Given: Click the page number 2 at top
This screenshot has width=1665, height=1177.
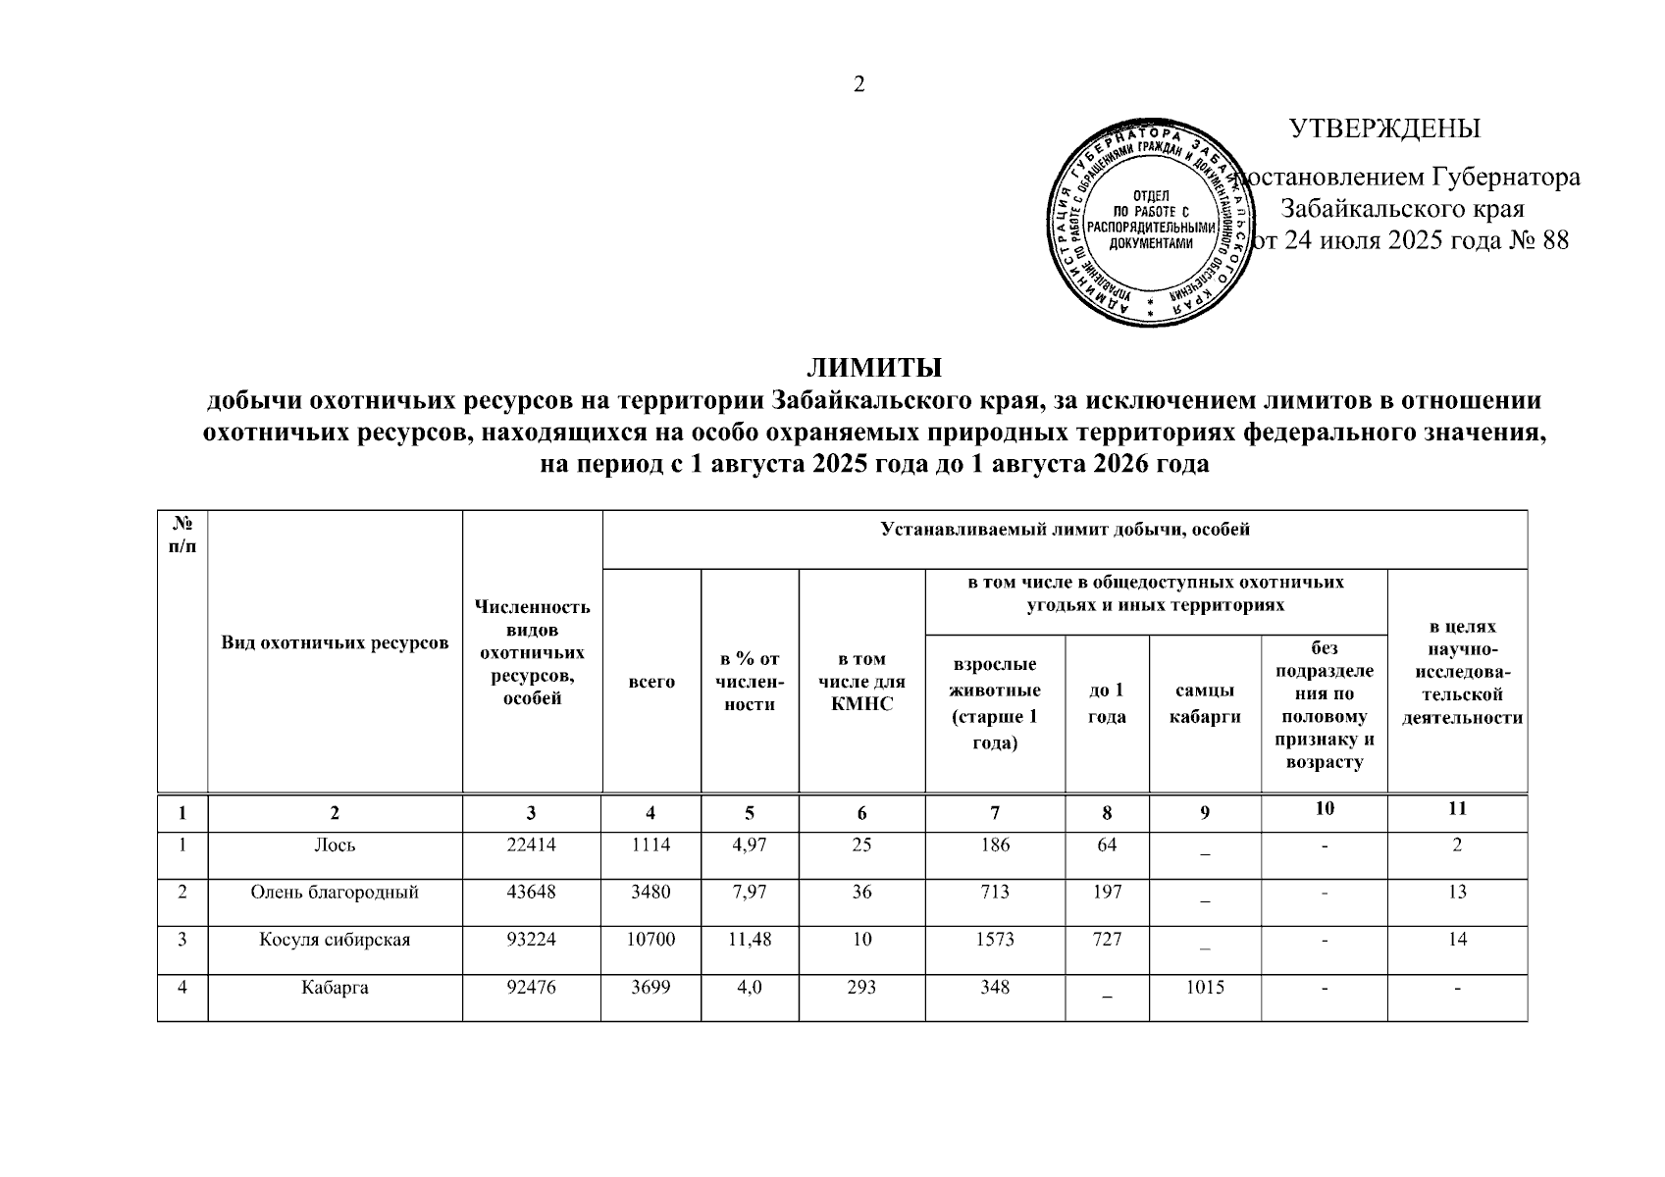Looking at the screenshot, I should [859, 84].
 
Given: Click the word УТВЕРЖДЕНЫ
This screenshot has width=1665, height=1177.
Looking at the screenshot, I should [1384, 129].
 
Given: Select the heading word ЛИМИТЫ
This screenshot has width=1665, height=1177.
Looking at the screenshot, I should [874, 369].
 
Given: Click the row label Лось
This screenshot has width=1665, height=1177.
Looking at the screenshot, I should [335, 844].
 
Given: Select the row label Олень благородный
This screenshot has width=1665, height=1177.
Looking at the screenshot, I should [335, 892].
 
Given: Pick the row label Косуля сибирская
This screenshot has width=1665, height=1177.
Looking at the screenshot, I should [335, 939].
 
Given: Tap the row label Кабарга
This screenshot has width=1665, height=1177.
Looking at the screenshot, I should [335, 987].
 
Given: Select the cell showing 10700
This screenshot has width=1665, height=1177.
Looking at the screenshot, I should [651, 939].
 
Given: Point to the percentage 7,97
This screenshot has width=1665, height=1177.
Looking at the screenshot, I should [750, 892].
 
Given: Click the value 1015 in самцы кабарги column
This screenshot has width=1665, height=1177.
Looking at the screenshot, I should [1204, 987].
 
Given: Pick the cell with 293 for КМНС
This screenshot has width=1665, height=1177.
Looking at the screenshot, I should [861, 987].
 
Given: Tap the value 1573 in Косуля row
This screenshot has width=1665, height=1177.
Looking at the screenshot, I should [995, 939].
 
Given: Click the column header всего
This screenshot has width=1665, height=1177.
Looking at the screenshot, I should [651, 681].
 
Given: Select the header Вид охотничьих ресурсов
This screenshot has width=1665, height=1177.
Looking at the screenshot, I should [335, 642].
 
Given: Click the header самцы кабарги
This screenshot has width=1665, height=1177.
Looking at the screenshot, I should [1204, 703].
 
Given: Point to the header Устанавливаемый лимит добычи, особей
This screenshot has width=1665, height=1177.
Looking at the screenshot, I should [1065, 531].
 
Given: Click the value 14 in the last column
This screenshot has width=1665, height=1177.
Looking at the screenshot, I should [1457, 939].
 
